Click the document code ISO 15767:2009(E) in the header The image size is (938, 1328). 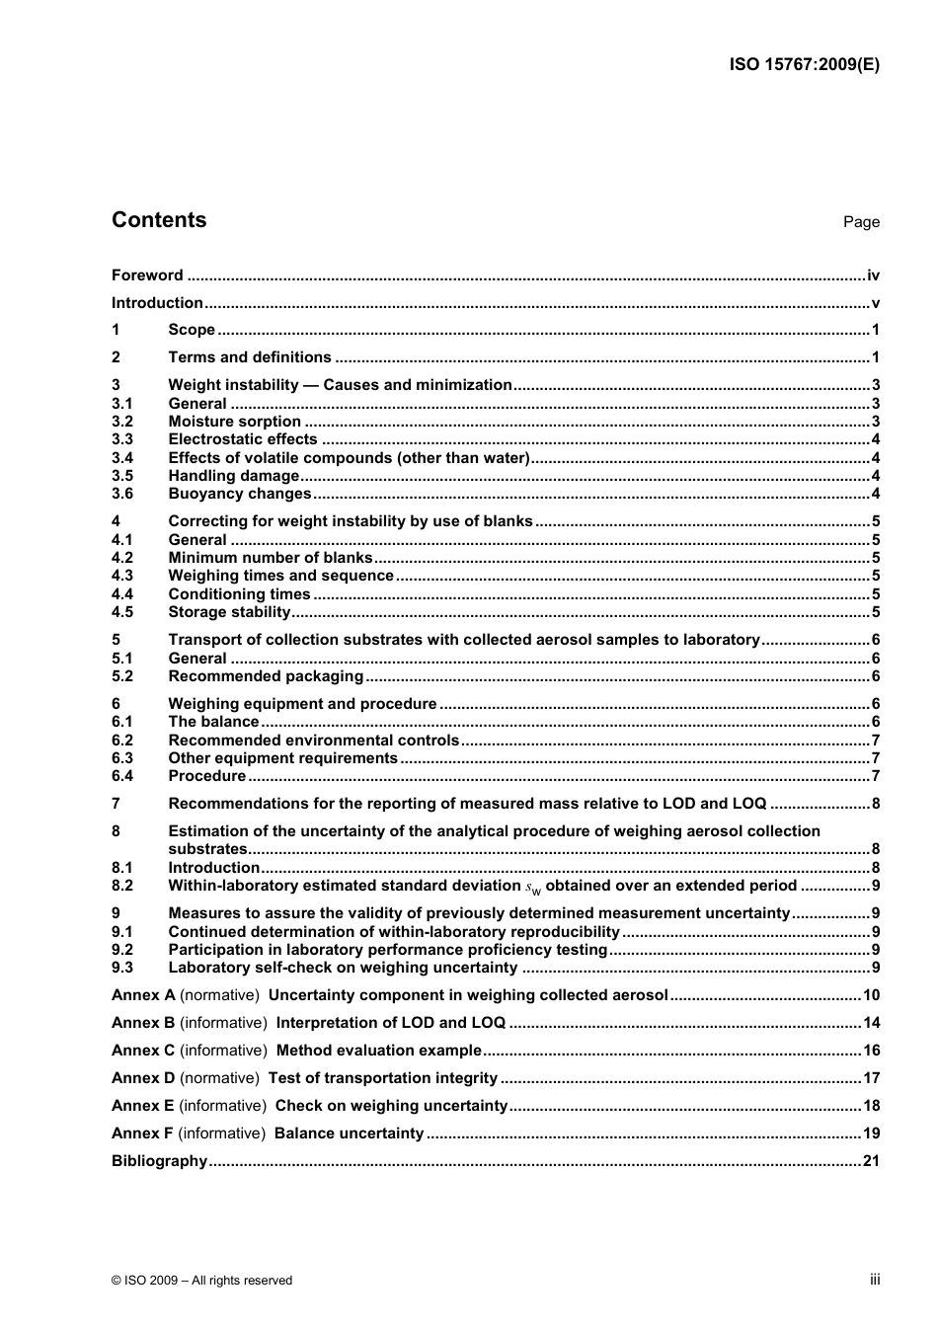pos(804,65)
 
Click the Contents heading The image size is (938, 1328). pos(159,220)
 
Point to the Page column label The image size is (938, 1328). pos(861,222)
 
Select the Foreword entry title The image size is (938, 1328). pos(147,275)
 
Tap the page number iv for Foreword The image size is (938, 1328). pos(873,275)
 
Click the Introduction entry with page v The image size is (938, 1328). pos(157,303)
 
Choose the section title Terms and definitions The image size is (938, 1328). pos(250,357)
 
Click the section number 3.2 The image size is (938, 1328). pos(121,422)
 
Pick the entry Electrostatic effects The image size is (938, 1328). pos(243,439)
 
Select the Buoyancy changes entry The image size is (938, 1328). pos(240,494)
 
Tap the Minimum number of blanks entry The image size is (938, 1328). pos(271,558)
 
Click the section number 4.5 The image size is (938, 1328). pos(121,612)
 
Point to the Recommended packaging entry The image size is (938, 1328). pos(266,676)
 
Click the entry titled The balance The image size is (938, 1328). pos(213,722)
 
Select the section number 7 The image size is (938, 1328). pos(116,804)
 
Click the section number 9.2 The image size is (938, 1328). pos(121,950)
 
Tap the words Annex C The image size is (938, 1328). pos(143,1051)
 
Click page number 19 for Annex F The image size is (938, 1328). pos(871,1133)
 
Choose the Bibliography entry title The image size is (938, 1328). pos(159,1161)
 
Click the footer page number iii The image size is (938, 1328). pos(875,1280)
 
